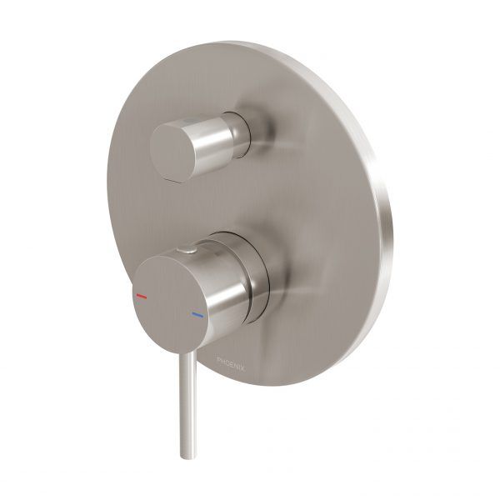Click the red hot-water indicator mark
[x=141, y=296]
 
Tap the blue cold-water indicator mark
[x=197, y=316]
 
